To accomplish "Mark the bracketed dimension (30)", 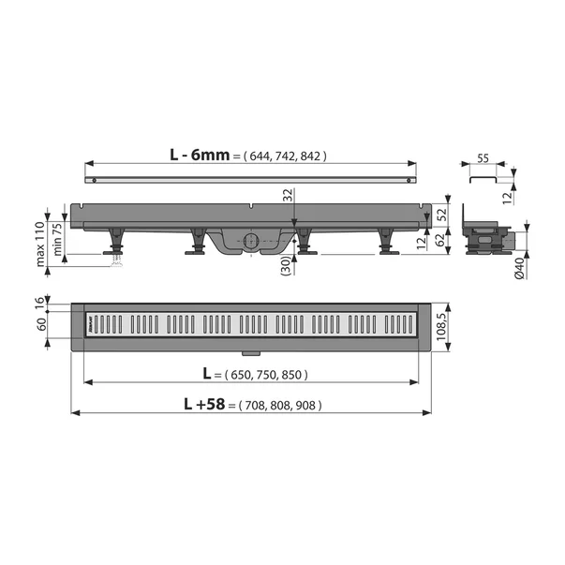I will [x=287, y=266].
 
